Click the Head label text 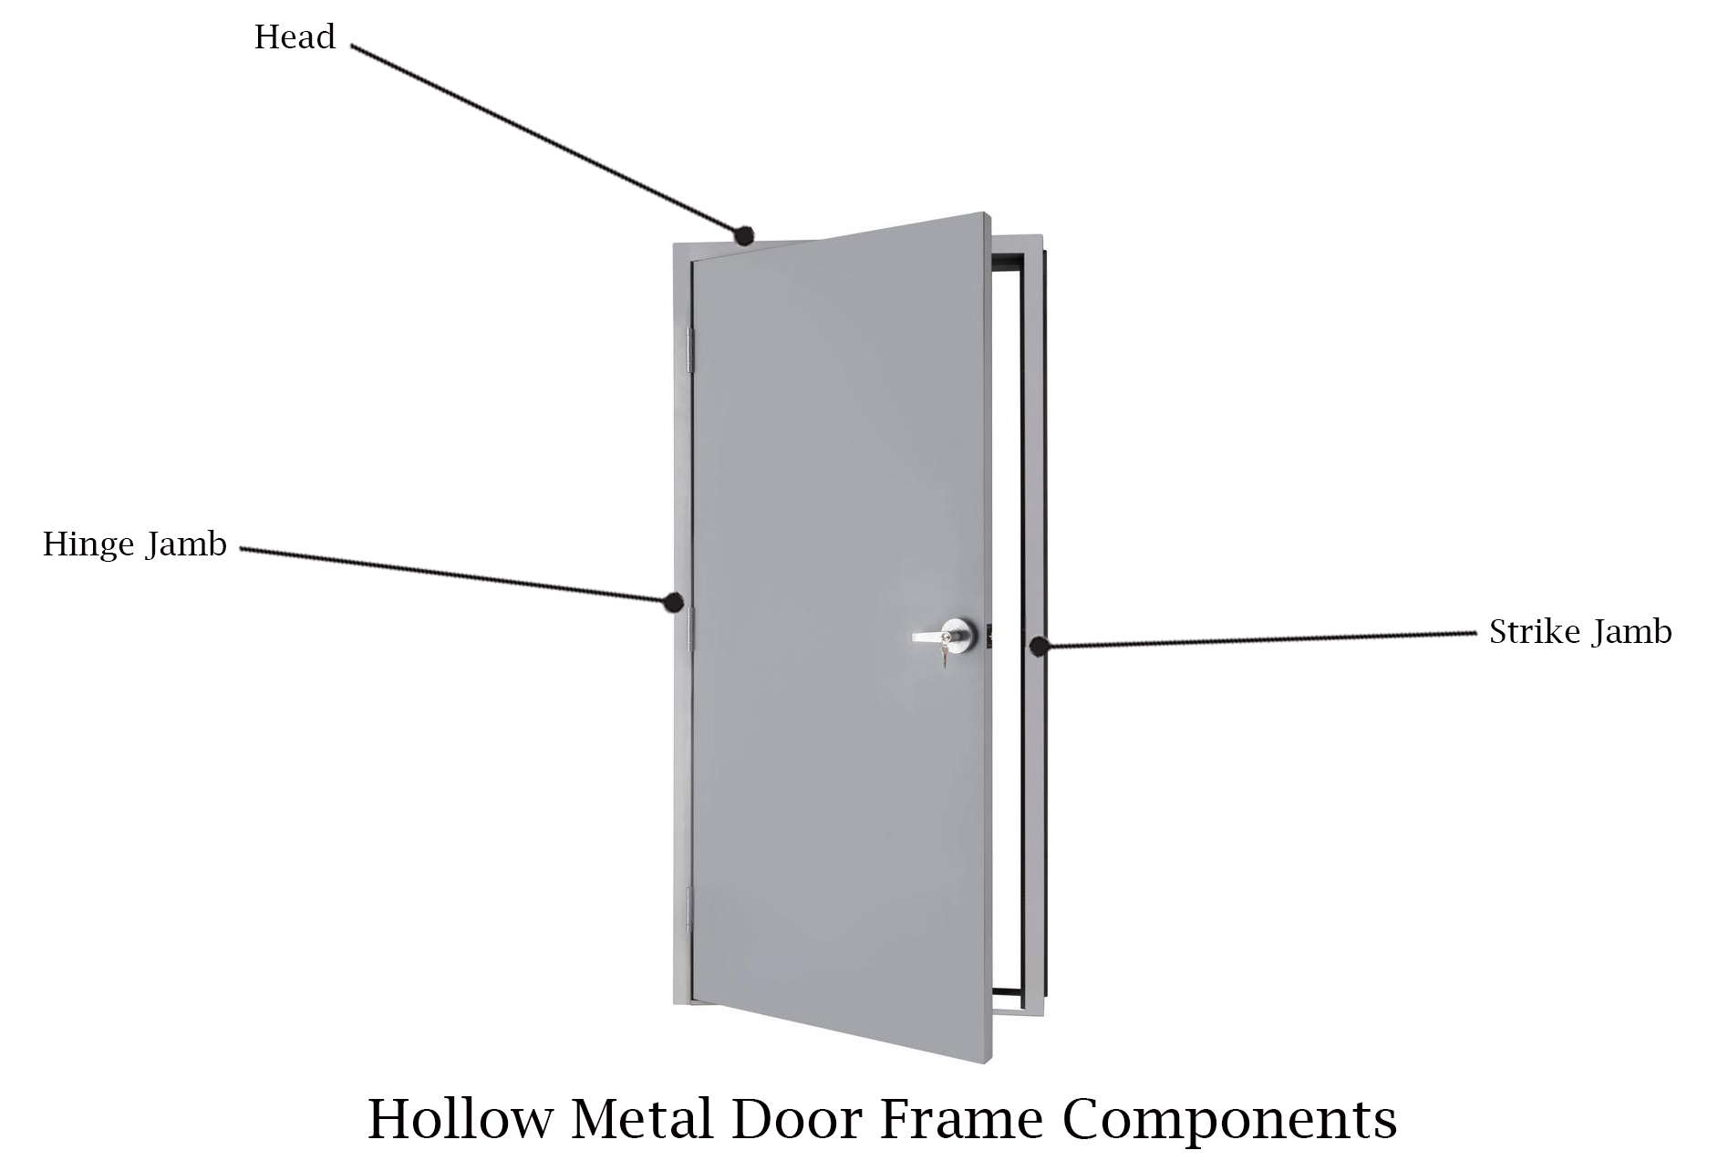point(295,37)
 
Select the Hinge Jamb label point(135,544)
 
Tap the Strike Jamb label point(1580,631)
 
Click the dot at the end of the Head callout point(744,236)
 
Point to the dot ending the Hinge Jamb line point(674,602)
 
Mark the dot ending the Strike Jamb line point(1039,646)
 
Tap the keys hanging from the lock point(945,656)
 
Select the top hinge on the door point(690,350)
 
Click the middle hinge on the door point(690,628)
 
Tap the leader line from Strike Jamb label point(1257,639)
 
